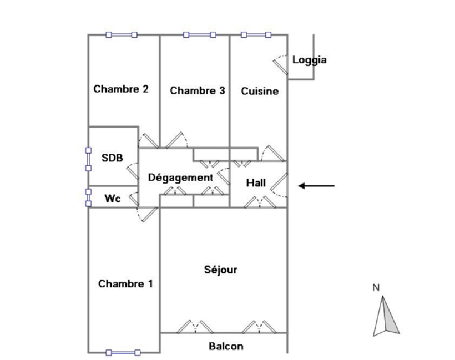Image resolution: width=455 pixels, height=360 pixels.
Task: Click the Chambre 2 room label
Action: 121,89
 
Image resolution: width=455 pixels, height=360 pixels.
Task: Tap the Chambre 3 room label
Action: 198,90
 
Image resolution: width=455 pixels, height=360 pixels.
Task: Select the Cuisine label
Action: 260,91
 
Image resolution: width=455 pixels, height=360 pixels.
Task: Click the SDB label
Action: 112,158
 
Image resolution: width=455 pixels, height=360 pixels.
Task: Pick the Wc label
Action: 113,197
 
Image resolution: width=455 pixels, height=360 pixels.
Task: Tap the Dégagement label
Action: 180,178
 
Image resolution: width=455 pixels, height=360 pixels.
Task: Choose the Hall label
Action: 256,182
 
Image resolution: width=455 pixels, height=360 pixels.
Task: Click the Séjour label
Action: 221,270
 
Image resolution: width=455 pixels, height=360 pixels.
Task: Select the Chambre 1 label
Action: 125,284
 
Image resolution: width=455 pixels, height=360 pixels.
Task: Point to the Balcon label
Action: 226,347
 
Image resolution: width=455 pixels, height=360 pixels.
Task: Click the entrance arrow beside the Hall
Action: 317,186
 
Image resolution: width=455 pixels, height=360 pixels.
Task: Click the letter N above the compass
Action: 376,287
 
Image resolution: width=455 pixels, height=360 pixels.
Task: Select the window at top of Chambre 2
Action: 122,35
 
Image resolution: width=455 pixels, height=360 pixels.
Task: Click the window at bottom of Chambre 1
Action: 123,352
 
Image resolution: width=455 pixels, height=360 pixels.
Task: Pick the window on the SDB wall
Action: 88,159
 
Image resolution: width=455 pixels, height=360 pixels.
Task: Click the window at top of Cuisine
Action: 256,35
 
